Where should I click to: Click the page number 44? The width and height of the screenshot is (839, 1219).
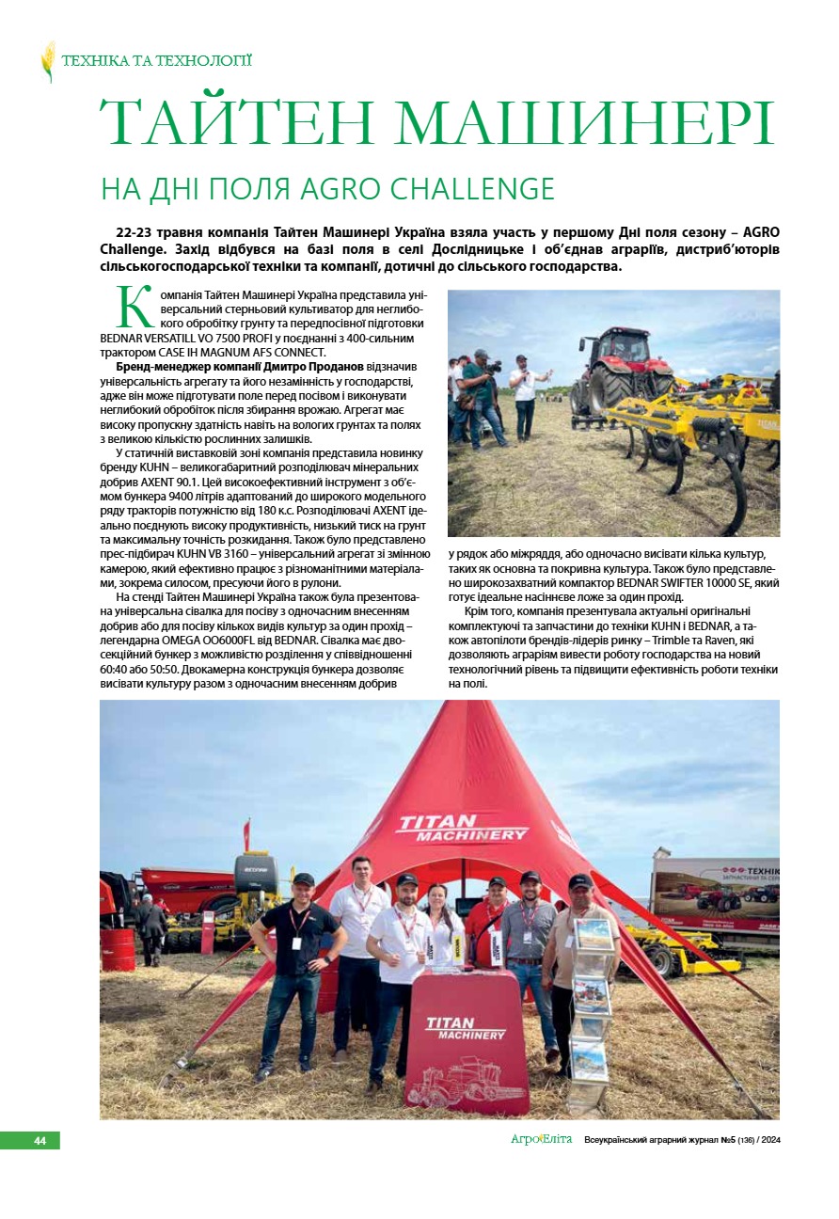[40, 1141]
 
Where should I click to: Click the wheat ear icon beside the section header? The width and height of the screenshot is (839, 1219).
[48, 62]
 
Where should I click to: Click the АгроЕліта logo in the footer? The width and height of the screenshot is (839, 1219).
[541, 1140]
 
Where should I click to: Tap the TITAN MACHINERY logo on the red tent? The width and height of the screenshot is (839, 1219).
[463, 828]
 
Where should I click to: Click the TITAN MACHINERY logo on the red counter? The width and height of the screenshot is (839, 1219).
[466, 1027]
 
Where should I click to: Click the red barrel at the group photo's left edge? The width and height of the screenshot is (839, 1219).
[118, 949]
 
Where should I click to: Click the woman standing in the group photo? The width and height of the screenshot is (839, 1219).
[444, 927]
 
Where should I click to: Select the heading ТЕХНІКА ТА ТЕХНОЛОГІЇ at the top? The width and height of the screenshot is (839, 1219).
[156, 61]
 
